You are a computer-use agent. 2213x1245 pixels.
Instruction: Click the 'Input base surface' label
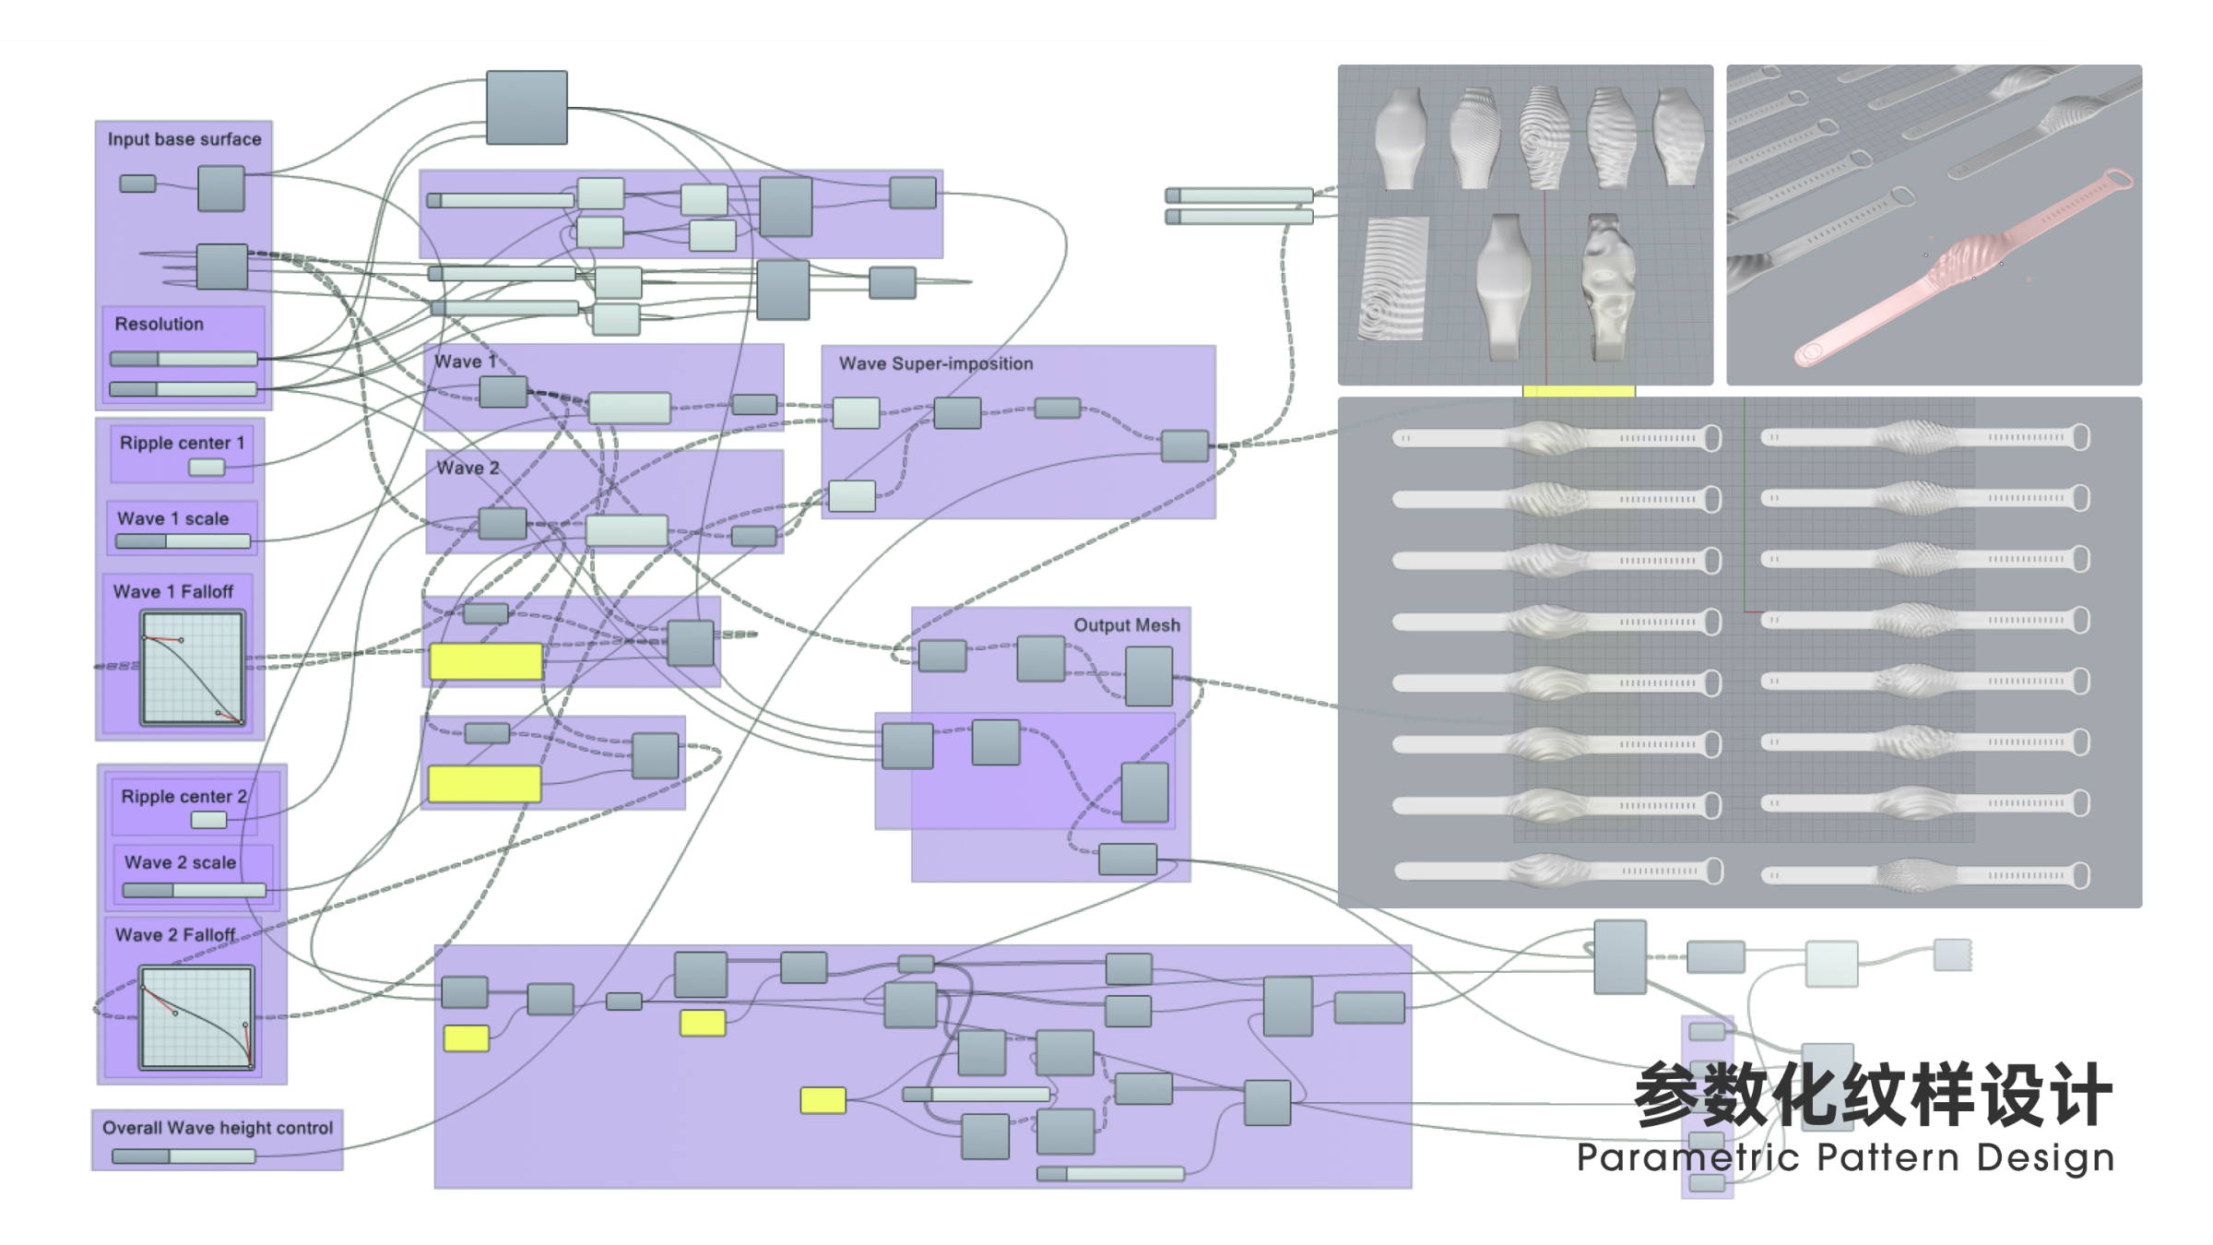184,139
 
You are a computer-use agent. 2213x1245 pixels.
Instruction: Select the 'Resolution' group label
159,324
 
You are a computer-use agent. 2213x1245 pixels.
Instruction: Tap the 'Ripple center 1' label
182,443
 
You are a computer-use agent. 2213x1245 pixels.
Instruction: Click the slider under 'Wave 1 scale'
183,541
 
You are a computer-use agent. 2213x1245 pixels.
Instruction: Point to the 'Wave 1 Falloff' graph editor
193,668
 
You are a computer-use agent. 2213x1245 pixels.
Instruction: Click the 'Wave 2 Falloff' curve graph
196,1017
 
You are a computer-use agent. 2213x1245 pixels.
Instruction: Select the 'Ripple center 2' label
183,796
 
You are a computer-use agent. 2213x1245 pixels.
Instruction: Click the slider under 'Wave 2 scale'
195,890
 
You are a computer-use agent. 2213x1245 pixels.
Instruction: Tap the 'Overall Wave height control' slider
183,1156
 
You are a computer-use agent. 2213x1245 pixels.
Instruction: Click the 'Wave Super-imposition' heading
935,363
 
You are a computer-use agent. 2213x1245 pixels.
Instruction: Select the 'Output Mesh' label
1126,624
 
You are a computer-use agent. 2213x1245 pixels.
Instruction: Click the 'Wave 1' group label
465,362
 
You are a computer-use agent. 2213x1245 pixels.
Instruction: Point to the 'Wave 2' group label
467,468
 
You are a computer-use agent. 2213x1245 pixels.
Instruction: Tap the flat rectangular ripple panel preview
1394,279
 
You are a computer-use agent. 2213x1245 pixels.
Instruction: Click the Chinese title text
1872,1095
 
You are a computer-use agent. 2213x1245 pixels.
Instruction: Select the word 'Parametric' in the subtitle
1687,1157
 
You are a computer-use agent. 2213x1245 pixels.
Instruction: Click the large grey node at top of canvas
527,107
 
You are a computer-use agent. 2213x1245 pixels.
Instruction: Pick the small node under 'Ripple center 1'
207,468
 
